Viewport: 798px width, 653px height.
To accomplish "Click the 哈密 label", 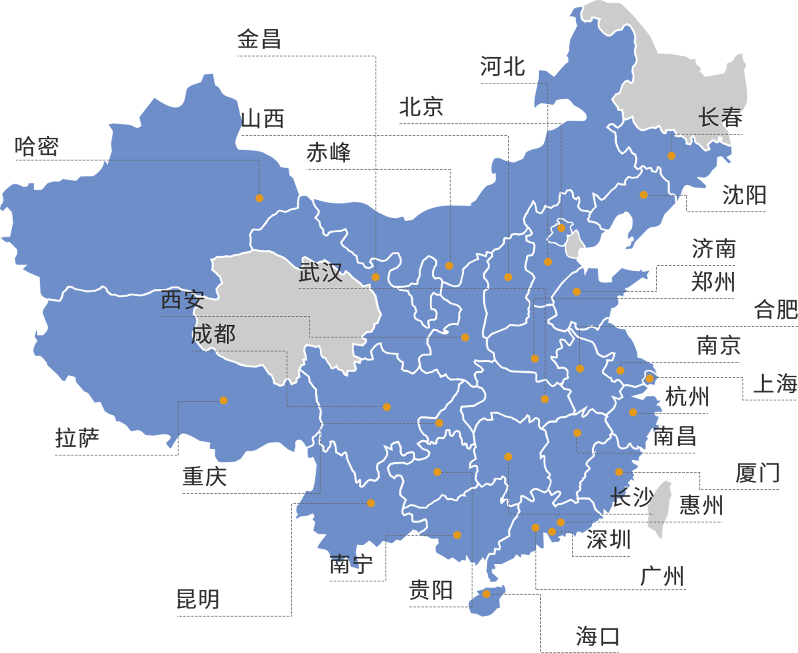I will coord(37,147).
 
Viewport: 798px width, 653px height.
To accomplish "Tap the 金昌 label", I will coord(259,39).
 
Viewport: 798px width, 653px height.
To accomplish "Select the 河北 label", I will coord(503,67).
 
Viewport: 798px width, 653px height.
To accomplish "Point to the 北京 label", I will coord(421,107).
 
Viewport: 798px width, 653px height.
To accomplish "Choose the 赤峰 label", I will coord(328,153).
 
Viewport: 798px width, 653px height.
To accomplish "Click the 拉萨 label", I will coord(77,438).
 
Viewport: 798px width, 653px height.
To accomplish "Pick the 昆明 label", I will coord(198,599).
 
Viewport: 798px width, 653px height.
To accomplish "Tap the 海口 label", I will coord(597,636).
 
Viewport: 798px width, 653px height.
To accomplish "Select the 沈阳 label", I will coord(744,195).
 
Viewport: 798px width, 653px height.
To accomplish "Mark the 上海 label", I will coord(774,384).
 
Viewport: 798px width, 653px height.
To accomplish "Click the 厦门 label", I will coord(757,473).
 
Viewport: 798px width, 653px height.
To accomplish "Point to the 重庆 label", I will coord(204,477).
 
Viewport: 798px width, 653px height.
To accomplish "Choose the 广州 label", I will coord(661,577).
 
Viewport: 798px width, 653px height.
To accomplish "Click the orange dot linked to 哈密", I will coord(259,198).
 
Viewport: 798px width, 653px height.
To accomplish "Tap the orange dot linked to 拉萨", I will coord(223,400).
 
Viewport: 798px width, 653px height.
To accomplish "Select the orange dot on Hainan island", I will coord(486,594).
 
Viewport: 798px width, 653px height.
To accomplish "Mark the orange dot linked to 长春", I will coord(671,156).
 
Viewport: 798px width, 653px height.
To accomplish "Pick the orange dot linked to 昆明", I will coord(371,503).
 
